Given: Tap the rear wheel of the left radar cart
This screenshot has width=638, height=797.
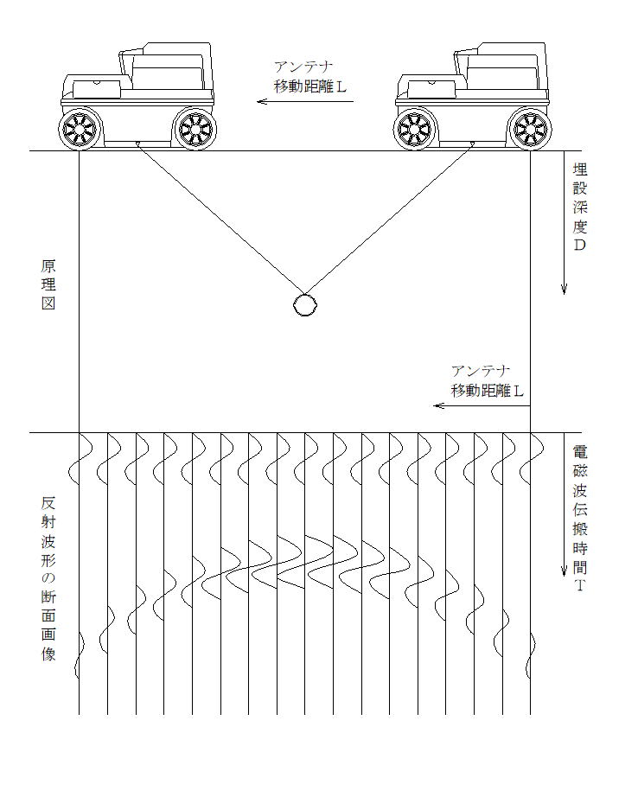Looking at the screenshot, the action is (195, 129).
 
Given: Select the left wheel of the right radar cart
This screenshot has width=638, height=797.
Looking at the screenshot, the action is (415, 129).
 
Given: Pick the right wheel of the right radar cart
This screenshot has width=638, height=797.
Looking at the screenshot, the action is (530, 129).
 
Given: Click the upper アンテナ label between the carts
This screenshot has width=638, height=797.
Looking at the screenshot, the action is (303, 67).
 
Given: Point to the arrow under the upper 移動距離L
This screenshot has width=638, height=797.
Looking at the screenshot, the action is (305, 101).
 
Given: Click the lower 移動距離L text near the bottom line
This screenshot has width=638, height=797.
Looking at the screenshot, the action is (487, 391).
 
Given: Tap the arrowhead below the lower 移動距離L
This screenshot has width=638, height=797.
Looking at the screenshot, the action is (439, 405).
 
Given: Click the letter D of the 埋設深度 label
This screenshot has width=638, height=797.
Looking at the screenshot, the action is (579, 245).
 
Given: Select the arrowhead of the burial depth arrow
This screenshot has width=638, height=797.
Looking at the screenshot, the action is (564, 289).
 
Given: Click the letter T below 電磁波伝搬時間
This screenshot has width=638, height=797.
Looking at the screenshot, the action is (580, 585).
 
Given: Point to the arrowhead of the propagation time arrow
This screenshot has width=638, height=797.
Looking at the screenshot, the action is (564, 571).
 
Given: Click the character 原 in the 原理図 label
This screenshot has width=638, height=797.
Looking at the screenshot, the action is (48, 266).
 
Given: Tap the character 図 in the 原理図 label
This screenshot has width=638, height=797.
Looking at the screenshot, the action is (48, 303).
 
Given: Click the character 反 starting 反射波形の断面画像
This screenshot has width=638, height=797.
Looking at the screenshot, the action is (48, 503).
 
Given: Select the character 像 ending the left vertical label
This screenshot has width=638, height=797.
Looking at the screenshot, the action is (48, 654).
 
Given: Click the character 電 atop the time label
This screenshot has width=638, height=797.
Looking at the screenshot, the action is (580, 451).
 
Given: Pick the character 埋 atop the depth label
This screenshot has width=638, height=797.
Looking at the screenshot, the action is (580, 169).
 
